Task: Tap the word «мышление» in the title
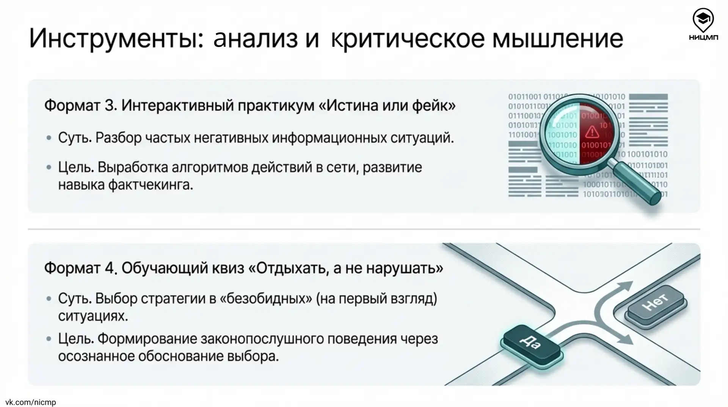[557, 38]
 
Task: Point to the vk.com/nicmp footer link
[31, 402]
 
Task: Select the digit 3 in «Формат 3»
[110, 106]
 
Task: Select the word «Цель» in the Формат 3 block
[75, 167]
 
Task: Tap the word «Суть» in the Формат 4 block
[74, 299]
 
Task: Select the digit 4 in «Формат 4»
[110, 268]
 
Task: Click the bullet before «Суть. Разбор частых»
[49, 138]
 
